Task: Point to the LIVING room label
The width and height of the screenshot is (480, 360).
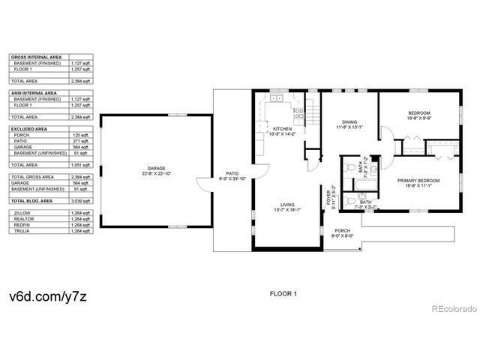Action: pyautogui.click(x=287, y=204)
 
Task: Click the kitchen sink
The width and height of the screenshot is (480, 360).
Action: pyautogui.click(x=277, y=98)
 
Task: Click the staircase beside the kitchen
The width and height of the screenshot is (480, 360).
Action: pyautogui.click(x=313, y=112)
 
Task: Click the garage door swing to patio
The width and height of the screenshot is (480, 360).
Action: pyautogui.click(x=205, y=184)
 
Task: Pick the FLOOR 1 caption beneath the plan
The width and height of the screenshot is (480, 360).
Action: pyautogui.click(x=283, y=294)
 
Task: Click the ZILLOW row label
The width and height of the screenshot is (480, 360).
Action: pyautogui.click(x=22, y=213)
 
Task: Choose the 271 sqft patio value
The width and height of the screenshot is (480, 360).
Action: pyautogui.click(x=82, y=141)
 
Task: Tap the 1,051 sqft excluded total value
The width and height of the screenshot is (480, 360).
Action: pyautogui.click(x=80, y=164)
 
